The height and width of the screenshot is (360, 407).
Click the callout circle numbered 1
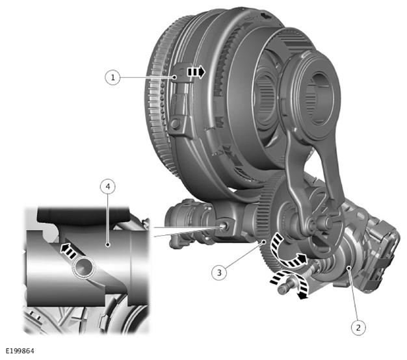(112, 77)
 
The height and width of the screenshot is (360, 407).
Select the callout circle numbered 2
(358, 328)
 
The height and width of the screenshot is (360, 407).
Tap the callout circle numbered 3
(219, 272)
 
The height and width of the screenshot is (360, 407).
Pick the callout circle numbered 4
(108, 186)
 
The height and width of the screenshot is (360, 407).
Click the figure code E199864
(20, 351)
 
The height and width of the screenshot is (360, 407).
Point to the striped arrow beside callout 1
(196, 72)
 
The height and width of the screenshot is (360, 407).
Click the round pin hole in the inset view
(84, 269)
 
